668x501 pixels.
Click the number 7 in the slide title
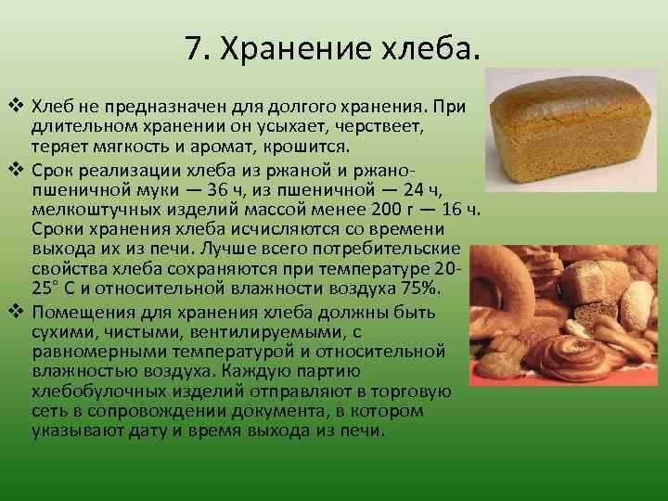(x=193, y=47)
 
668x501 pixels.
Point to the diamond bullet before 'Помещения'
(x=14, y=310)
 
